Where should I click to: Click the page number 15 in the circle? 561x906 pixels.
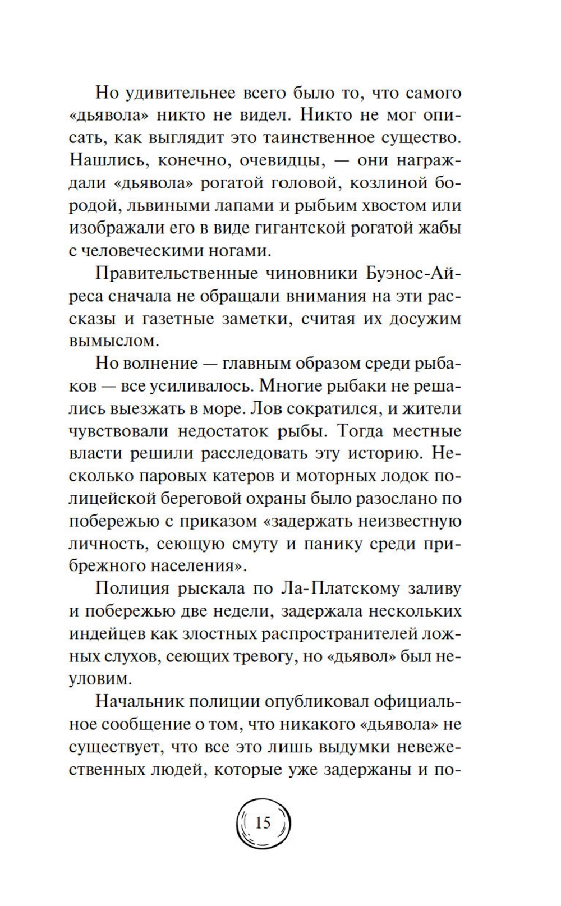click(263, 823)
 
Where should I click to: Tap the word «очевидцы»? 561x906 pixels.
click(282, 160)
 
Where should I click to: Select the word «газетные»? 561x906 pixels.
click(217, 319)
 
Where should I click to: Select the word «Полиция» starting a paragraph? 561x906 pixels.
click(132, 588)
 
